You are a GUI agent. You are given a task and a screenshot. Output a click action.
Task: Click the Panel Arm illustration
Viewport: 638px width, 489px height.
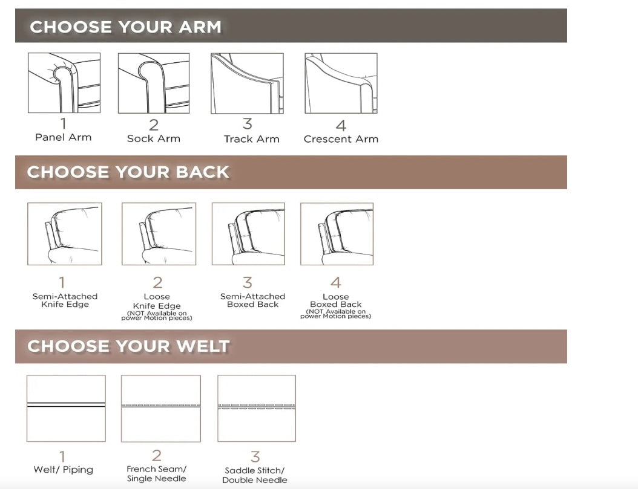coord(64,83)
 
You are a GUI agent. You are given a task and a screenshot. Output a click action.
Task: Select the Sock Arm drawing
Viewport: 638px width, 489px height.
coord(154,83)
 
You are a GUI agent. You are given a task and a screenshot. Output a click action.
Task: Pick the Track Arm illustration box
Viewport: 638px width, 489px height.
coord(247,83)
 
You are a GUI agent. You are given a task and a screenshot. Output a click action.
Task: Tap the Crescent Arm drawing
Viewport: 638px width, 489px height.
coord(341,83)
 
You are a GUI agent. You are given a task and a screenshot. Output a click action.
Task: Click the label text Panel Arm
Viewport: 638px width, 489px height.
coord(64,137)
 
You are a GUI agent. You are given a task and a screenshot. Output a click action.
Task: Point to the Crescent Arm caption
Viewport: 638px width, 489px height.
coord(341,139)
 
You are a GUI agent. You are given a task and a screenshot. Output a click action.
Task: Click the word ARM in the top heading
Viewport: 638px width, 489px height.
coord(200,27)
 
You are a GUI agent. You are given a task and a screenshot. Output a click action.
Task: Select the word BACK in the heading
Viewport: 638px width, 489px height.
coord(202,172)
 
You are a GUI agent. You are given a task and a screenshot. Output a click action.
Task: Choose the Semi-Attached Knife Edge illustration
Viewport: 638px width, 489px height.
coord(65,234)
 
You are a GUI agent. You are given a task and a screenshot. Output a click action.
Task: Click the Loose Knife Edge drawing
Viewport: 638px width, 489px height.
coord(159,234)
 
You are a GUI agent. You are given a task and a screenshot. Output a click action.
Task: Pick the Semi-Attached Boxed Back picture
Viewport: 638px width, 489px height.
coord(248,234)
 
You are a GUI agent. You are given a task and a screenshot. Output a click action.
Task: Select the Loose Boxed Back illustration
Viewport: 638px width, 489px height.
coord(337,234)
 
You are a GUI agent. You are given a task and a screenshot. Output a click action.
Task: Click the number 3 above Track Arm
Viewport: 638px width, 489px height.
coord(248,123)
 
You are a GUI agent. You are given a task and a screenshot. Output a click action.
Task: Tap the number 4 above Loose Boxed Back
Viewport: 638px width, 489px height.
coord(336,282)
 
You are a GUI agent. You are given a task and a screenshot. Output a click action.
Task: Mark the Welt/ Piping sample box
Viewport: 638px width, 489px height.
coord(66,408)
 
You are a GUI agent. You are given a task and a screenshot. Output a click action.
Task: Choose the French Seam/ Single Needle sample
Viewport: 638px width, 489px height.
coord(161,408)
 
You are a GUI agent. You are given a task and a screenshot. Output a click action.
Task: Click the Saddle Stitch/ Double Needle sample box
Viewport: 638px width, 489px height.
coord(256,408)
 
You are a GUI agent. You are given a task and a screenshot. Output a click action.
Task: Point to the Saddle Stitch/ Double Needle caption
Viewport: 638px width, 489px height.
coord(255,475)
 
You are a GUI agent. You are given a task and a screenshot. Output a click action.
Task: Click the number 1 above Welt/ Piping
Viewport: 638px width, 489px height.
coord(62,456)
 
